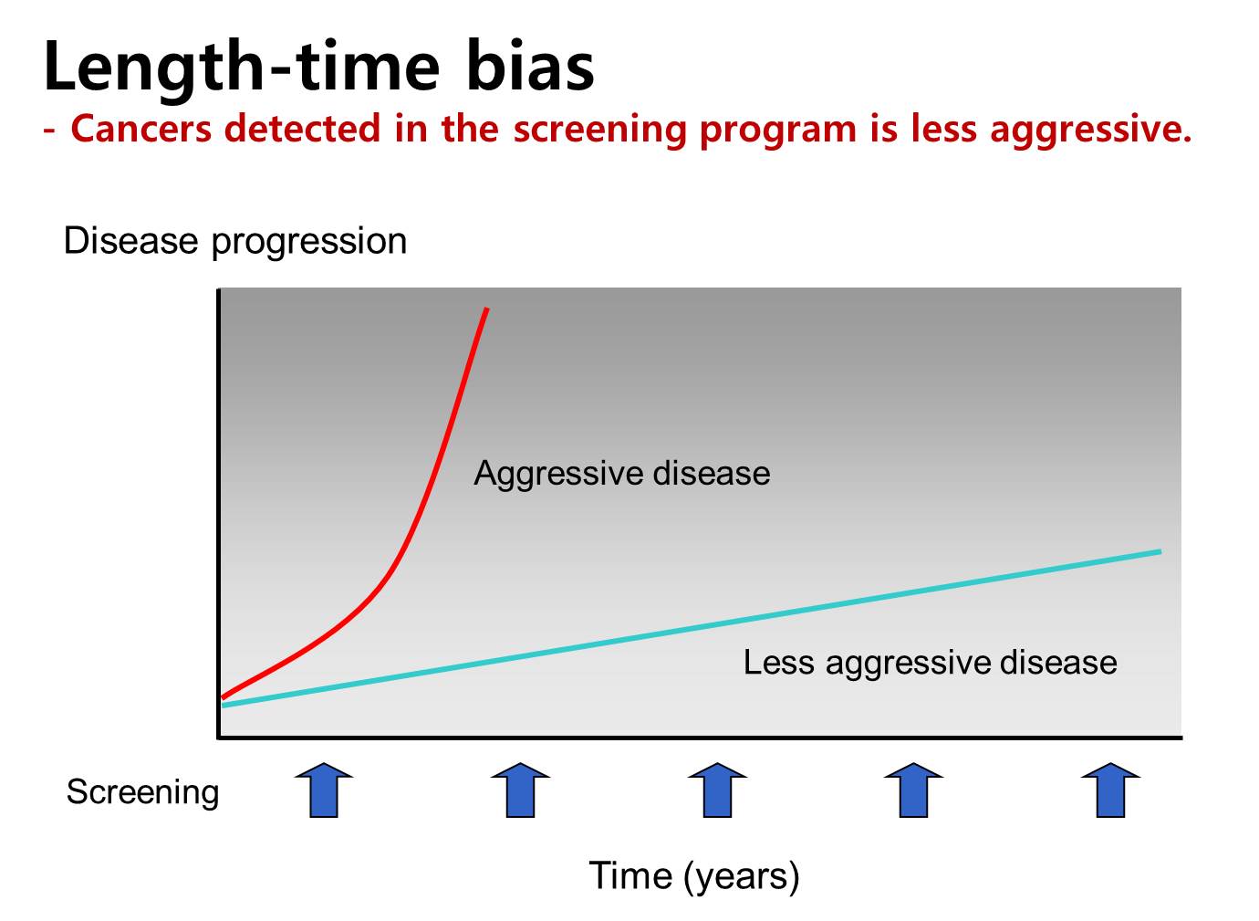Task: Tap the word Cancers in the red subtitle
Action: click(141, 128)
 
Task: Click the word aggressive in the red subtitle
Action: click(1091, 131)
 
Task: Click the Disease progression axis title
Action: click(235, 242)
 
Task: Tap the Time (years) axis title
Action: click(693, 875)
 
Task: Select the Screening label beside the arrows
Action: click(142, 793)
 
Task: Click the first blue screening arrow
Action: click(324, 790)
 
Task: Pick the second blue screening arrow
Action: click(520, 790)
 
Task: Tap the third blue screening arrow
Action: click(717, 790)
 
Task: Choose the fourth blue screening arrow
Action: click(913, 790)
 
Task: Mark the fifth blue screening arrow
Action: click(1110, 790)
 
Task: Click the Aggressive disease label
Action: click(621, 474)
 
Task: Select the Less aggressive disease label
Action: click(931, 663)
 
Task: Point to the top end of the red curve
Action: click(487, 309)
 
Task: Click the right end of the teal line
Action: click(1160, 551)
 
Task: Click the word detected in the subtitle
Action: click(302, 128)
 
